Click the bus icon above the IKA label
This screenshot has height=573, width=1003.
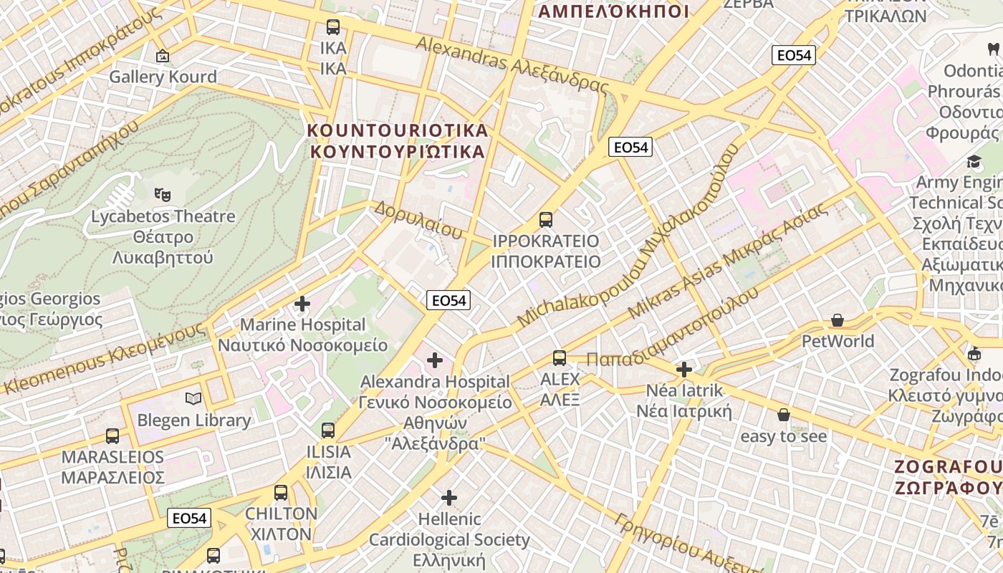333,27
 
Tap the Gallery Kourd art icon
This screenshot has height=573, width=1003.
163,55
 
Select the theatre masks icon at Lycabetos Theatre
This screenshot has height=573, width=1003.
163,193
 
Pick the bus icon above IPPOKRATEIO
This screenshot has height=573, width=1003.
546,219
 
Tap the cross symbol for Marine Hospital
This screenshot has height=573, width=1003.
302,304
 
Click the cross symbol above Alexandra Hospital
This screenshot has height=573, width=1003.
435,360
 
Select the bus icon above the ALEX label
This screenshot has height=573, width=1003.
560,357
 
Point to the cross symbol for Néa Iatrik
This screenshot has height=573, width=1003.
684,370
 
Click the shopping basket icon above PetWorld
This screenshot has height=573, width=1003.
838,320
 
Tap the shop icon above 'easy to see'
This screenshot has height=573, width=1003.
784,415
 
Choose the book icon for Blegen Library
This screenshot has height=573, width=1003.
193,398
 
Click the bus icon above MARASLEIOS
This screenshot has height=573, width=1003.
112,435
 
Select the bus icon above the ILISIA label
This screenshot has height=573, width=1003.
328,430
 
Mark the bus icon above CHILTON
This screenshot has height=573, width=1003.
281,492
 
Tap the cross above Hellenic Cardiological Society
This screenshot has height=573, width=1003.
449,497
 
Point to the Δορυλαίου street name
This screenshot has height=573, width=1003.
418,219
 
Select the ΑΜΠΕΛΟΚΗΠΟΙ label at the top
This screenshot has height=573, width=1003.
613,11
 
